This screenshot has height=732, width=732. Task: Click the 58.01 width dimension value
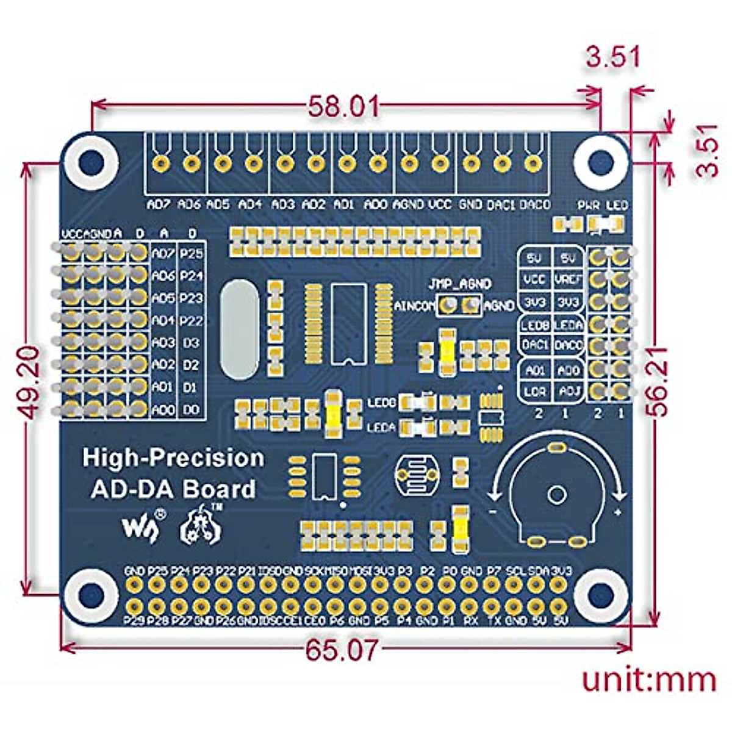click(343, 107)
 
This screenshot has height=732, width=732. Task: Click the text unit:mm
click(648, 679)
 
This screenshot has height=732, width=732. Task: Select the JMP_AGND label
click(459, 284)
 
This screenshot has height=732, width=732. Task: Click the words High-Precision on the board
click(173, 457)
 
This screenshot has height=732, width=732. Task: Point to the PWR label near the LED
click(589, 206)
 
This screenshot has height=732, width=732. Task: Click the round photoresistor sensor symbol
click(417, 474)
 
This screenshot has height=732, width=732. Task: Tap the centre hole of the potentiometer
click(556, 494)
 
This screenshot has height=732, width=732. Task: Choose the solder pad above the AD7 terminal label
click(160, 163)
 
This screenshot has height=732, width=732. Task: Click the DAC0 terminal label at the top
click(535, 205)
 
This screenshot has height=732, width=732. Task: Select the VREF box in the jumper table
click(569, 279)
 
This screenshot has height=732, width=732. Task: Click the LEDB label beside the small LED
click(382, 403)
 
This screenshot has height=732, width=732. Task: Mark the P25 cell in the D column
click(192, 253)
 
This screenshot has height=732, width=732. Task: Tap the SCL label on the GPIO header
click(515, 572)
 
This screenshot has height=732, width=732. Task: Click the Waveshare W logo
click(140, 526)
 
